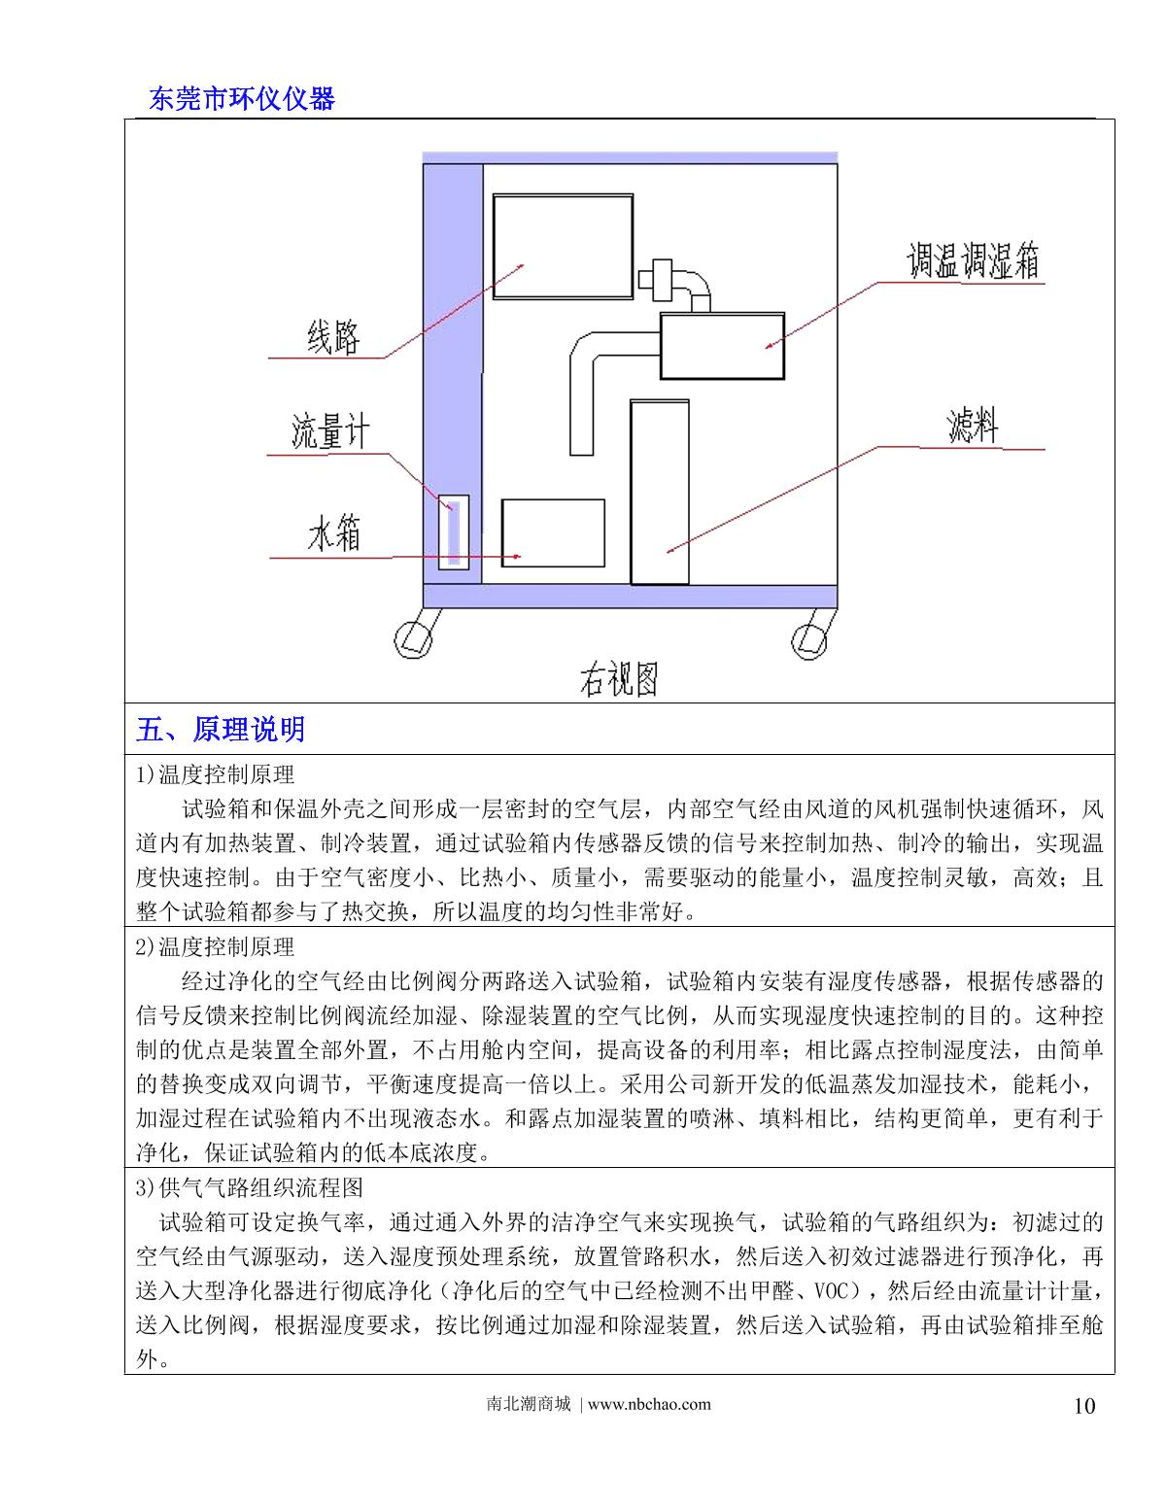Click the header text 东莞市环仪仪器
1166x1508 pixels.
click(242, 98)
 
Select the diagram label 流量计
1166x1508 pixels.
click(330, 431)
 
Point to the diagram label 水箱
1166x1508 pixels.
click(334, 534)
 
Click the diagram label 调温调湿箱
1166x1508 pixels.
click(974, 260)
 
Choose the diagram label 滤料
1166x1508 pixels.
click(973, 427)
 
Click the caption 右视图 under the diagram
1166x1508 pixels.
click(619, 680)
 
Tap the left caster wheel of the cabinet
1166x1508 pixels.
click(412, 635)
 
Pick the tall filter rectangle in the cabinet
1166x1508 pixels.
click(660, 492)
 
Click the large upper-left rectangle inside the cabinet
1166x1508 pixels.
click(563, 246)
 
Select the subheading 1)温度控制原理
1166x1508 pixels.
click(216, 774)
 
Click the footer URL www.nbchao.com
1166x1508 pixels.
click(649, 1404)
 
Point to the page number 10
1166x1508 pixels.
click(1084, 1405)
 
